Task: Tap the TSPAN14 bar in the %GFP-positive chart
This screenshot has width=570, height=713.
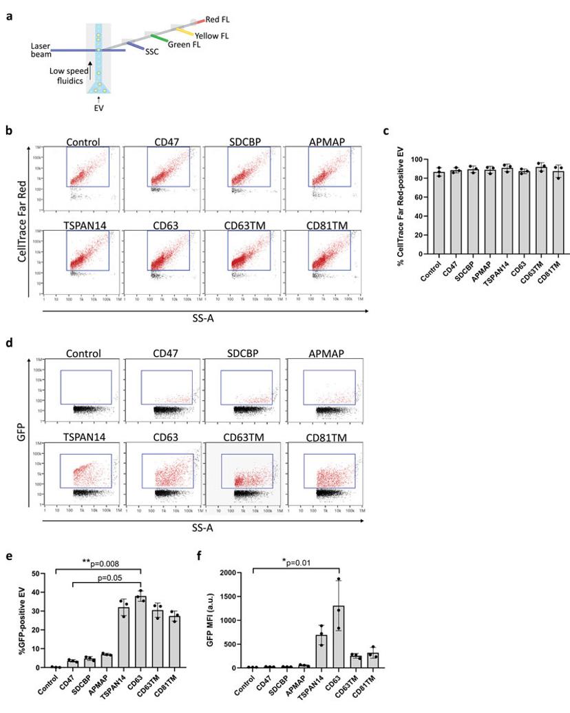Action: (125, 637)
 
